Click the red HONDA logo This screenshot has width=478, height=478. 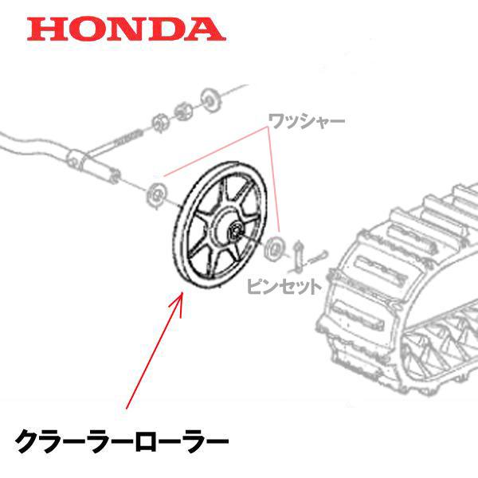(x=127, y=29)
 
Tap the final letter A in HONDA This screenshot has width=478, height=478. (x=206, y=29)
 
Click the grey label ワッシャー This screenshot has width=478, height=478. (x=307, y=121)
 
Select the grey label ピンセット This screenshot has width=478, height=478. (x=284, y=287)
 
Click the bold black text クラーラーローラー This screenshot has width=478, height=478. (x=122, y=441)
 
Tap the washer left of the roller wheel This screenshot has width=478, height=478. (x=156, y=195)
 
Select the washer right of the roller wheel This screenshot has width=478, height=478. (x=274, y=249)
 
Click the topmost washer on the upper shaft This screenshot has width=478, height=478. (x=211, y=100)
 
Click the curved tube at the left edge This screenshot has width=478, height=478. (x=33, y=145)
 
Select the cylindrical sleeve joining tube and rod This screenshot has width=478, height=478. (x=92, y=167)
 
